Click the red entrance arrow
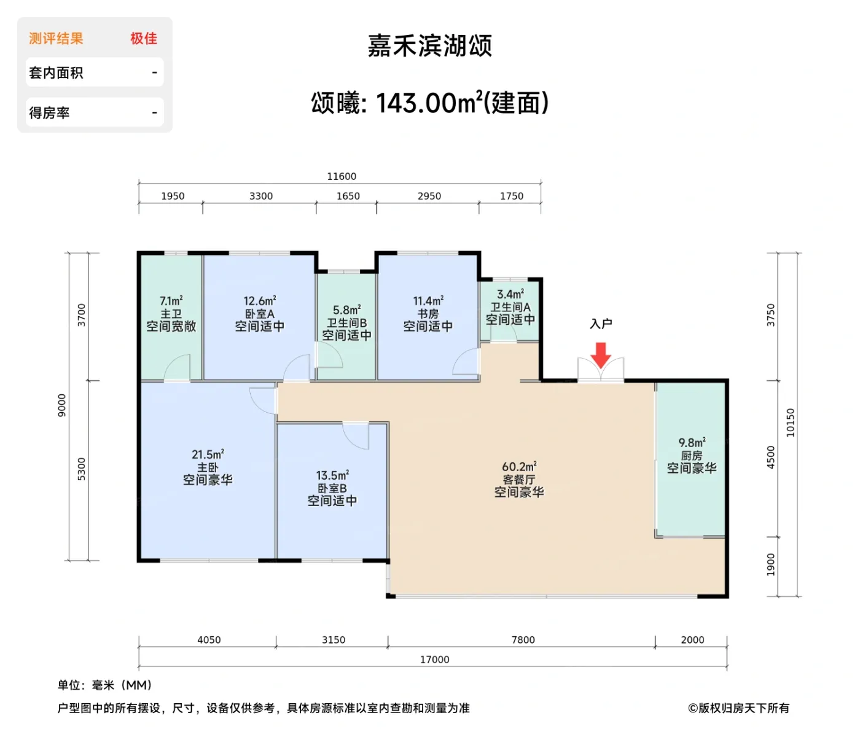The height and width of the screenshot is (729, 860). click(x=600, y=355)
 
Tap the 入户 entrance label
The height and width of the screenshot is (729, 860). click(x=601, y=324)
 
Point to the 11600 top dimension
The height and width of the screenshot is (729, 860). click(x=342, y=176)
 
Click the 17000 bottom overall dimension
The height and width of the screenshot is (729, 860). click(x=434, y=660)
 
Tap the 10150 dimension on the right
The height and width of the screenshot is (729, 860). click(x=791, y=423)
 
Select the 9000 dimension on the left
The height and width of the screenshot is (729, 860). click(x=61, y=406)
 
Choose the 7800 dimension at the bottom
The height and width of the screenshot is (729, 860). click(x=523, y=640)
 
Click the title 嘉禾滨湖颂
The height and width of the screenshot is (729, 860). click(x=430, y=46)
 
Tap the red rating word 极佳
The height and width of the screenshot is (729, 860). click(x=144, y=39)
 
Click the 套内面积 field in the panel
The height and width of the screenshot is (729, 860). click(x=56, y=73)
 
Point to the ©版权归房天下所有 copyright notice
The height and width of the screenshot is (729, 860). click(x=738, y=708)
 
